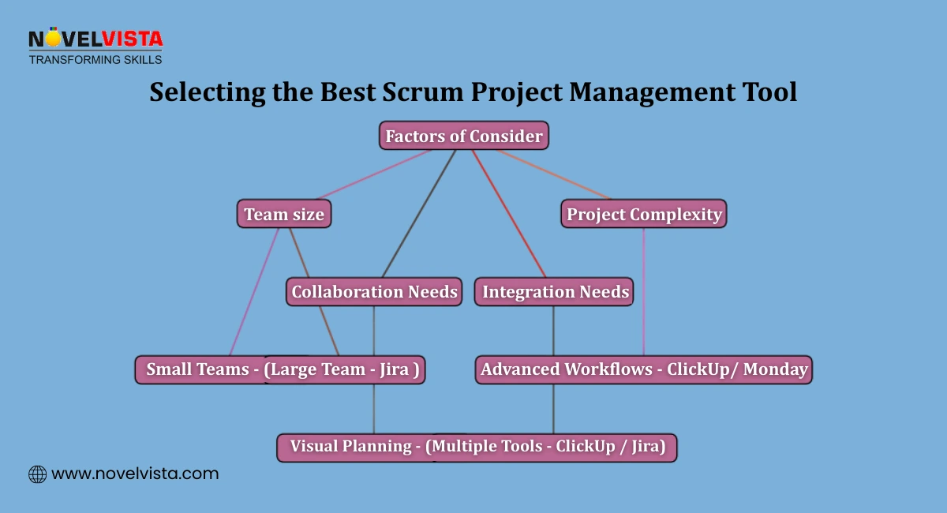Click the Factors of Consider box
[x=463, y=136]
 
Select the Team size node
[x=284, y=214]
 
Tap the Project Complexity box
[x=644, y=214]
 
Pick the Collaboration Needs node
[x=374, y=292]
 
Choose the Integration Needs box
[x=556, y=292]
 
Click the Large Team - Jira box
[x=344, y=369]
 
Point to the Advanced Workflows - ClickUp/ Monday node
[x=644, y=369]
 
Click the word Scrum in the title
[x=421, y=92]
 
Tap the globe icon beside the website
[x=37, y=474]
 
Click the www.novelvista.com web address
[x=135, y=474]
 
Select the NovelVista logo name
[x=95, y=39]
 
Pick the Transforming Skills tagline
[x=95, y=59]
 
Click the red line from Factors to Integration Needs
[x=509, y=213]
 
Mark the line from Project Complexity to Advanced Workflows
[x=644, y=292]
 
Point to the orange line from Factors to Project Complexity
[x=552, y=174]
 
